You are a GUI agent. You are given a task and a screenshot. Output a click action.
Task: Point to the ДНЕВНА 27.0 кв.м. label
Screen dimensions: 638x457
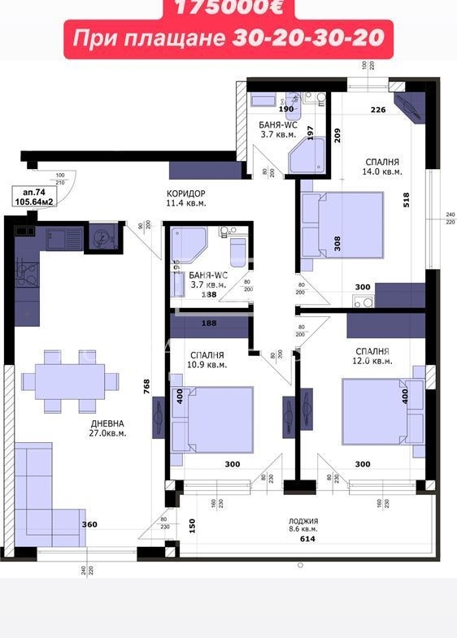coord(108,428)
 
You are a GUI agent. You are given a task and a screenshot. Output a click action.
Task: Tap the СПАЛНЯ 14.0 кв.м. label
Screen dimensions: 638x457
coord(381,167)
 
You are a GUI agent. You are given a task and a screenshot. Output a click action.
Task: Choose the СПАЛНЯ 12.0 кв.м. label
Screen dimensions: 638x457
coord(373,356)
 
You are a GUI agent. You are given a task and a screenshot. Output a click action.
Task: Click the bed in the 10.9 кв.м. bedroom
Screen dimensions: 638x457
coord(213,419)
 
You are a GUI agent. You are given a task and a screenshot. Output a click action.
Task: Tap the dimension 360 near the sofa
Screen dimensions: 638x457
coord(90,525)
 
